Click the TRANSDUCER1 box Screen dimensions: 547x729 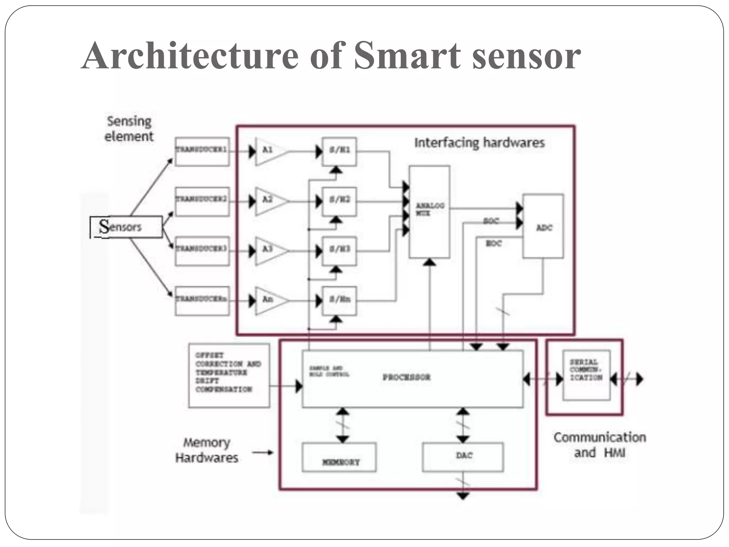point(202,152)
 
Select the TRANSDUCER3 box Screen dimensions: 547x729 point(202,251)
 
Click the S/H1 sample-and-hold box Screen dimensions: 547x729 point(339,152)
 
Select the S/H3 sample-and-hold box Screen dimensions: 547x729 point(339,251)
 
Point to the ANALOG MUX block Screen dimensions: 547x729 point(429,212)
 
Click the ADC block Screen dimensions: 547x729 point(543,226)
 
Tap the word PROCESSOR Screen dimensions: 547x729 point(407,377)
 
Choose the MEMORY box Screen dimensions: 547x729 point(339,457)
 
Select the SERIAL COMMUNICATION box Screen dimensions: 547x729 point(586,375)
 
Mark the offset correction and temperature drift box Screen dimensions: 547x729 point(229,375)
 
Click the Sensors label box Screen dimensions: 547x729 point(126,227)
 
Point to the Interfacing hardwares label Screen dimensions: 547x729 point(479,143)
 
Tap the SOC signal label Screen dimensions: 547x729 point(491,221)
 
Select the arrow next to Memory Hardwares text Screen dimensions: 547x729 point(263,452)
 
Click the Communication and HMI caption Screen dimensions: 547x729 point(599,445)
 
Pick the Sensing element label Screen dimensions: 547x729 point(129,129)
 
